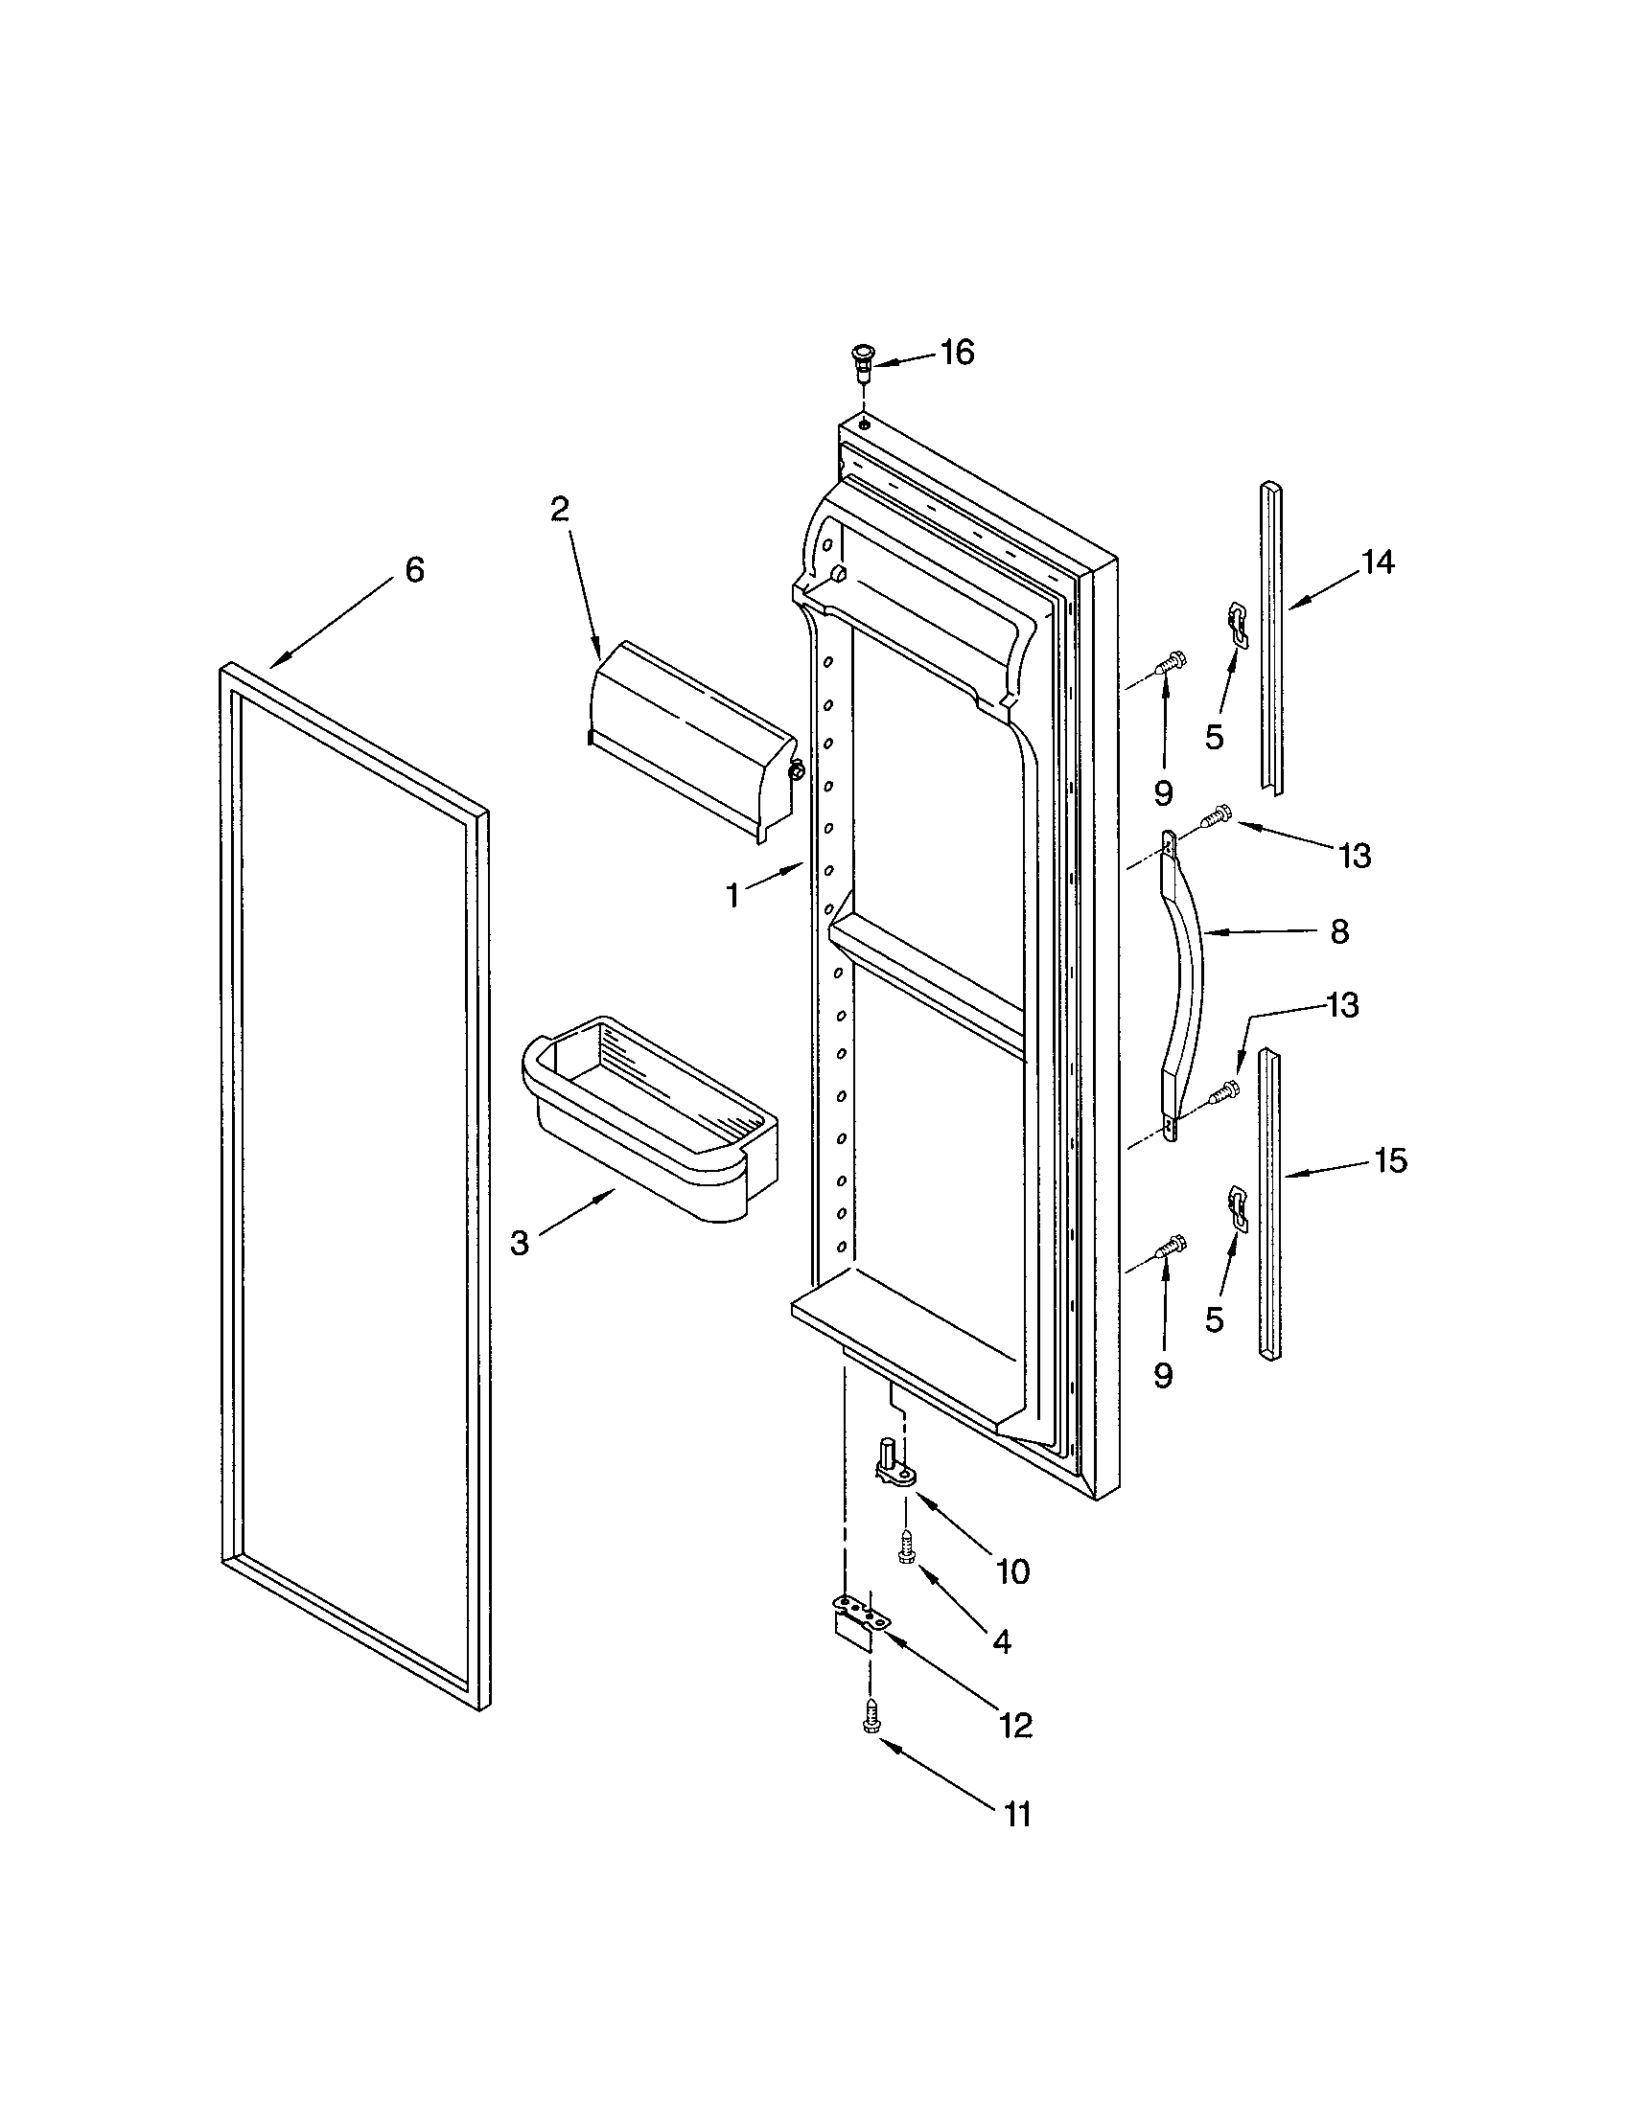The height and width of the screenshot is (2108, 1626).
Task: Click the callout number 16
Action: point(956,354)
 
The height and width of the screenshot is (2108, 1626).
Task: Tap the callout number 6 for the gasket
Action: point(414,570)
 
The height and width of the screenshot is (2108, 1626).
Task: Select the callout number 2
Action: point(560,509)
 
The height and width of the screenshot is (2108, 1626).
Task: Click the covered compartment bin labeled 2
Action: point(689,739)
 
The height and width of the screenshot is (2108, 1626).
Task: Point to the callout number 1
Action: point(733,896)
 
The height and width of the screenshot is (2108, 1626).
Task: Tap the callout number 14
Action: point(1377,561)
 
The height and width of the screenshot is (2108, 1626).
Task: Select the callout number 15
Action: point(1390,1160)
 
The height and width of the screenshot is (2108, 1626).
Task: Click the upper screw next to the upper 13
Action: point(1216,817)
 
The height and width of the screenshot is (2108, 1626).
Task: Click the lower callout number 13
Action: point(1342,1006)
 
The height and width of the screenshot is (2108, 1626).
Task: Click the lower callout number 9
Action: point(1164,1375)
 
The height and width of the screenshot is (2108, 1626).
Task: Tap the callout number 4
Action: point(1001,1640)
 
